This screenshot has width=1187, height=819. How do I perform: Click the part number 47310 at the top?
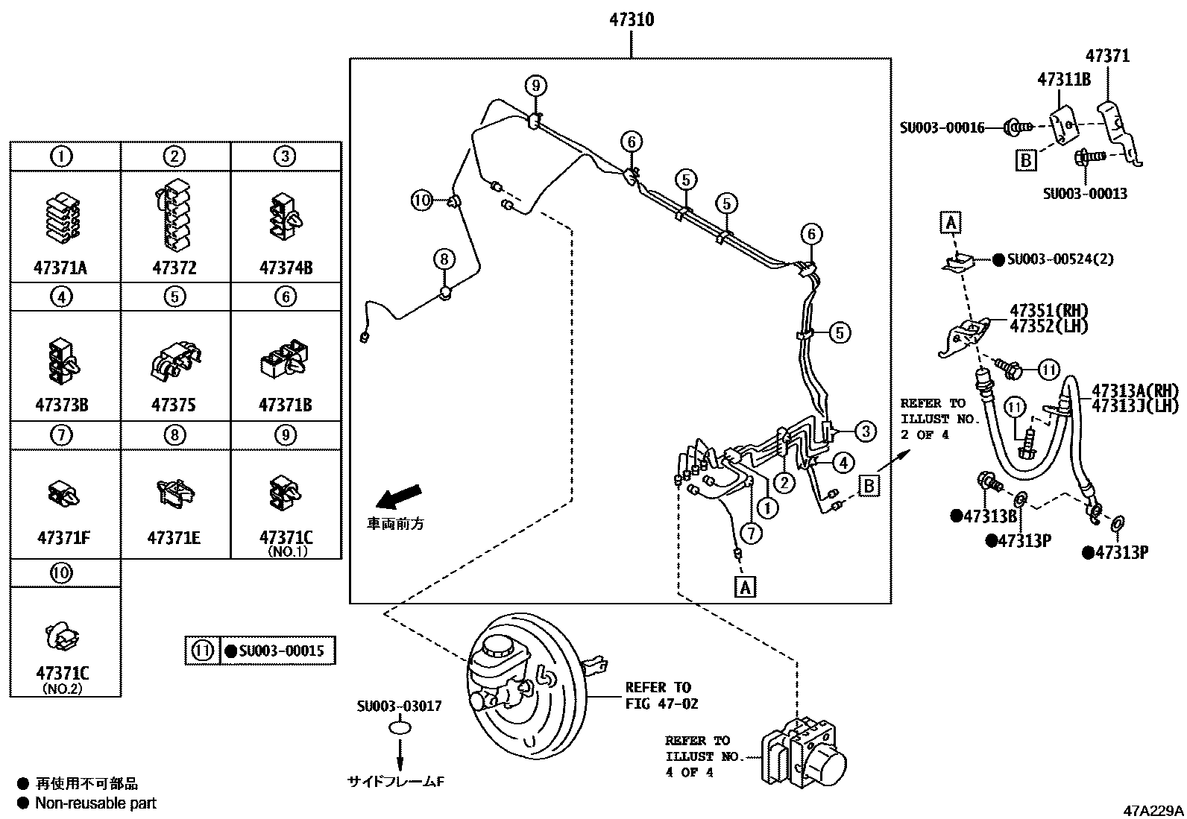(x=631, y=20)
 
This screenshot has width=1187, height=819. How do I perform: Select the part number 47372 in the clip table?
(x=174, y=268)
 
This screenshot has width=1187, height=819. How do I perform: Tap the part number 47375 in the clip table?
(x=174, y=405)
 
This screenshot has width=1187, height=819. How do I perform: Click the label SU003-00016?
(x=941, y=128)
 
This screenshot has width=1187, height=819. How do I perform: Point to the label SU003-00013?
(x=1085, y=194)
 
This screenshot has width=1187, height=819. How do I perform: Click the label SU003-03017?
(x=399, y=706)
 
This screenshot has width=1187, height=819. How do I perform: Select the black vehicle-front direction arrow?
(x=399, y=496)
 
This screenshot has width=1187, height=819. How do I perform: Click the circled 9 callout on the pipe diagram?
(x=535, y=86)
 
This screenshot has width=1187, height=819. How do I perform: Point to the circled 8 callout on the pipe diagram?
(x=444, y=259)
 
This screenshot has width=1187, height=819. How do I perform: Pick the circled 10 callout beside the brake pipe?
(x=422, y=200)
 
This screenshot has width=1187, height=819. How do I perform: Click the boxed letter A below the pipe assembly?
(x=745, y=586)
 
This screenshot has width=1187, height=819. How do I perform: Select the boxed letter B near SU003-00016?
(x=1027, y=159)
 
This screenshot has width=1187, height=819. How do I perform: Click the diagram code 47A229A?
(x=1154, y=810)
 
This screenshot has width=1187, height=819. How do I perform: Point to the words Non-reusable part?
(x=96, y=803)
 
